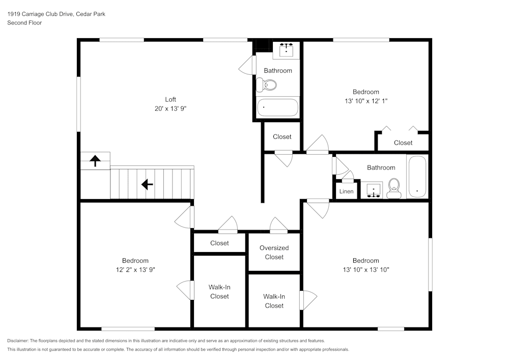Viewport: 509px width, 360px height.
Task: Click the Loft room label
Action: point(171,99)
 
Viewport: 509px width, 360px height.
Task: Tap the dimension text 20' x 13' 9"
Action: point(171,108)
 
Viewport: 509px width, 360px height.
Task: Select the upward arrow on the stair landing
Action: point(95,161)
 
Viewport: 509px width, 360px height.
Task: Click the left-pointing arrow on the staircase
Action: point(147,184)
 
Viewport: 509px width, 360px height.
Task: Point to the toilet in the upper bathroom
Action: point(268,85)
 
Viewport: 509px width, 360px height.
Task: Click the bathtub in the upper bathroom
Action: point(277,107)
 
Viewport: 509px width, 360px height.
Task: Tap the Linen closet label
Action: point(346,191)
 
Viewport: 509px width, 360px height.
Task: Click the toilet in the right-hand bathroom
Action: point(393,188)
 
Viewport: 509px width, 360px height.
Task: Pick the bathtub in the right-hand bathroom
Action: point(417,177)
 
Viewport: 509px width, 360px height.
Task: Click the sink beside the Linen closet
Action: point(374,191)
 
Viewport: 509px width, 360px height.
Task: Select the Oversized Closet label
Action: point(274,253)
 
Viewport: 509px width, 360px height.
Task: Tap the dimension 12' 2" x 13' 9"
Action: point(135,270)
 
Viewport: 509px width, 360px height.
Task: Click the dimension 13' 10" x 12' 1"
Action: point(366,101)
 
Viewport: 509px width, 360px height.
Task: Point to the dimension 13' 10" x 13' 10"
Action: point(366,270)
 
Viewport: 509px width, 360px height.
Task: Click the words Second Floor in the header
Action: point(24,23)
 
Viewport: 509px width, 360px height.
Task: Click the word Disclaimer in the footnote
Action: point(18,341)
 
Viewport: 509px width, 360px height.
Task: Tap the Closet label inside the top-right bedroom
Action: point(403,143)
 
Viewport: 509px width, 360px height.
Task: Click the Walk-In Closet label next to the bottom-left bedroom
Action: point(219,292)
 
